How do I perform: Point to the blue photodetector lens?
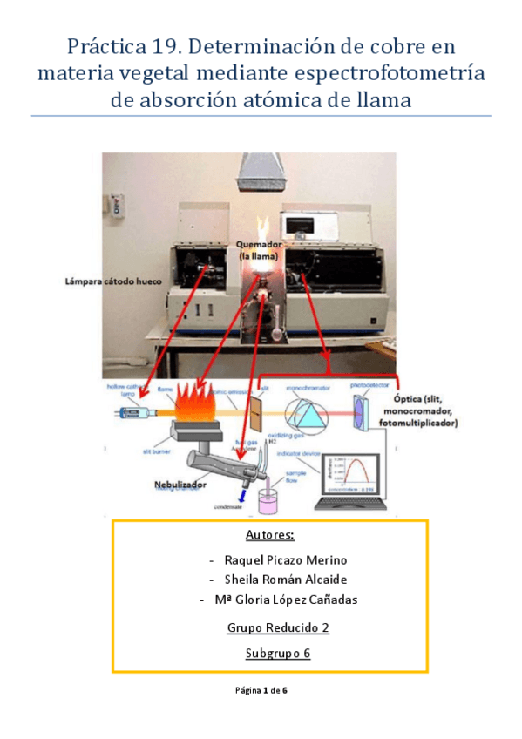[361, 410]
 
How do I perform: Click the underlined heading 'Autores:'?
[270, 534]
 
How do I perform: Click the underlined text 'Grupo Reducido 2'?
[270, 627]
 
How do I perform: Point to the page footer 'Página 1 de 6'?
[261, 691]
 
